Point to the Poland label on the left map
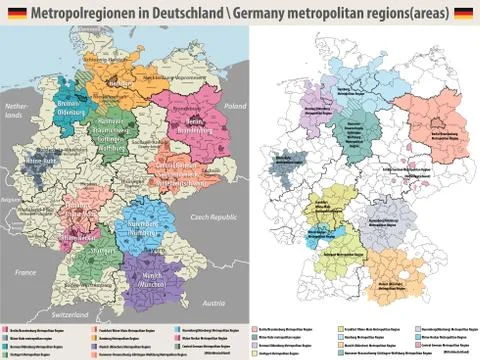[232, 104]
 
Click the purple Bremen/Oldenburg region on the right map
[312, 96]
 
